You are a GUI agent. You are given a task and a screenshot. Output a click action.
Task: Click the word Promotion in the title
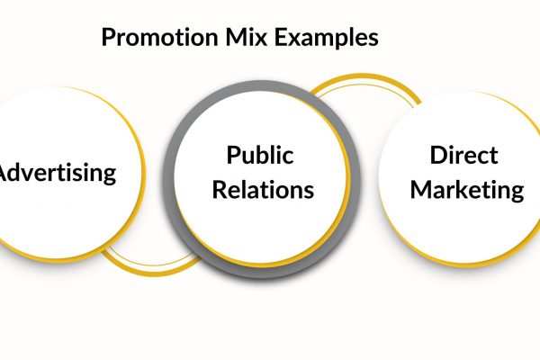pyautogui.click(x=154, y=39)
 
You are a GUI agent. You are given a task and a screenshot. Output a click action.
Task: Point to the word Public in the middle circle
pyautogui.click(x=260, y=155)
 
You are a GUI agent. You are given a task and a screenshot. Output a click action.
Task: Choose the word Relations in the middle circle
pyautogui.click(x=260, y=190)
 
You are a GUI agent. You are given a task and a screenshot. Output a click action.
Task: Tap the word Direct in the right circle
pyautogui.click(x=464, y=155)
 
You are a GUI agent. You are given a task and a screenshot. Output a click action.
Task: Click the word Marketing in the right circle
pyautogui.click(x=464, y=190)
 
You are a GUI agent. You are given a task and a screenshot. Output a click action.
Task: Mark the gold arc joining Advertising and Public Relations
pyautogui.click(x=148, y=265)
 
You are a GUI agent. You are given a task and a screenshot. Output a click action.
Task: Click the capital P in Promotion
pyautogui.click(x=108, y=39)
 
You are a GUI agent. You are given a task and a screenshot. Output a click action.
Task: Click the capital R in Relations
pyautogui.click(x=213, y=190)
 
